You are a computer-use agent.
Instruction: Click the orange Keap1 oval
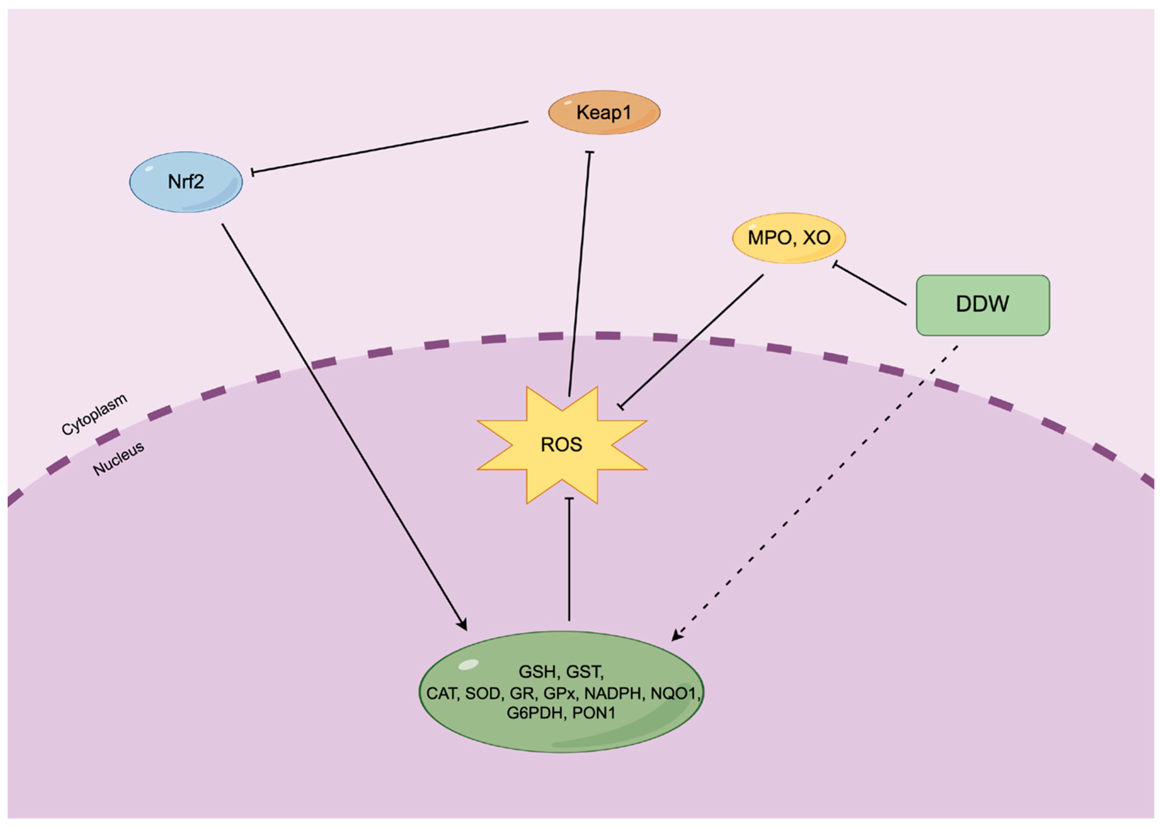click(x=604, y=113)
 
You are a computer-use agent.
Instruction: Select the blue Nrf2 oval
click(x=186, y=182)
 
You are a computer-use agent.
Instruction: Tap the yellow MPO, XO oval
click(x=788, y=238)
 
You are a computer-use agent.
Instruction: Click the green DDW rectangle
click(x=982, y=305)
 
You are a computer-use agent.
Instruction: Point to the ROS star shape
click(x=561, y=445)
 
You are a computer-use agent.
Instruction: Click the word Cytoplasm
click(x=94, y=415)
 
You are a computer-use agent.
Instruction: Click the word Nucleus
click(x=118, y=459)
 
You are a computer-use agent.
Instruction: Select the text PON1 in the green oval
click(x=593, y=712)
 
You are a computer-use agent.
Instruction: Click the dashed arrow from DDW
click(x=817, y=489)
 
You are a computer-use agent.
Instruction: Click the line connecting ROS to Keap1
click(x=580, y=275)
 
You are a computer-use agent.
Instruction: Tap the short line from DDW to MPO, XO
click(x=870, y=284)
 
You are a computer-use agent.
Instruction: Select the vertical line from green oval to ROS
click(x=569, y=561)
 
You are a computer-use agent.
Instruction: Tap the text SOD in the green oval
click(x=482, y=693)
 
